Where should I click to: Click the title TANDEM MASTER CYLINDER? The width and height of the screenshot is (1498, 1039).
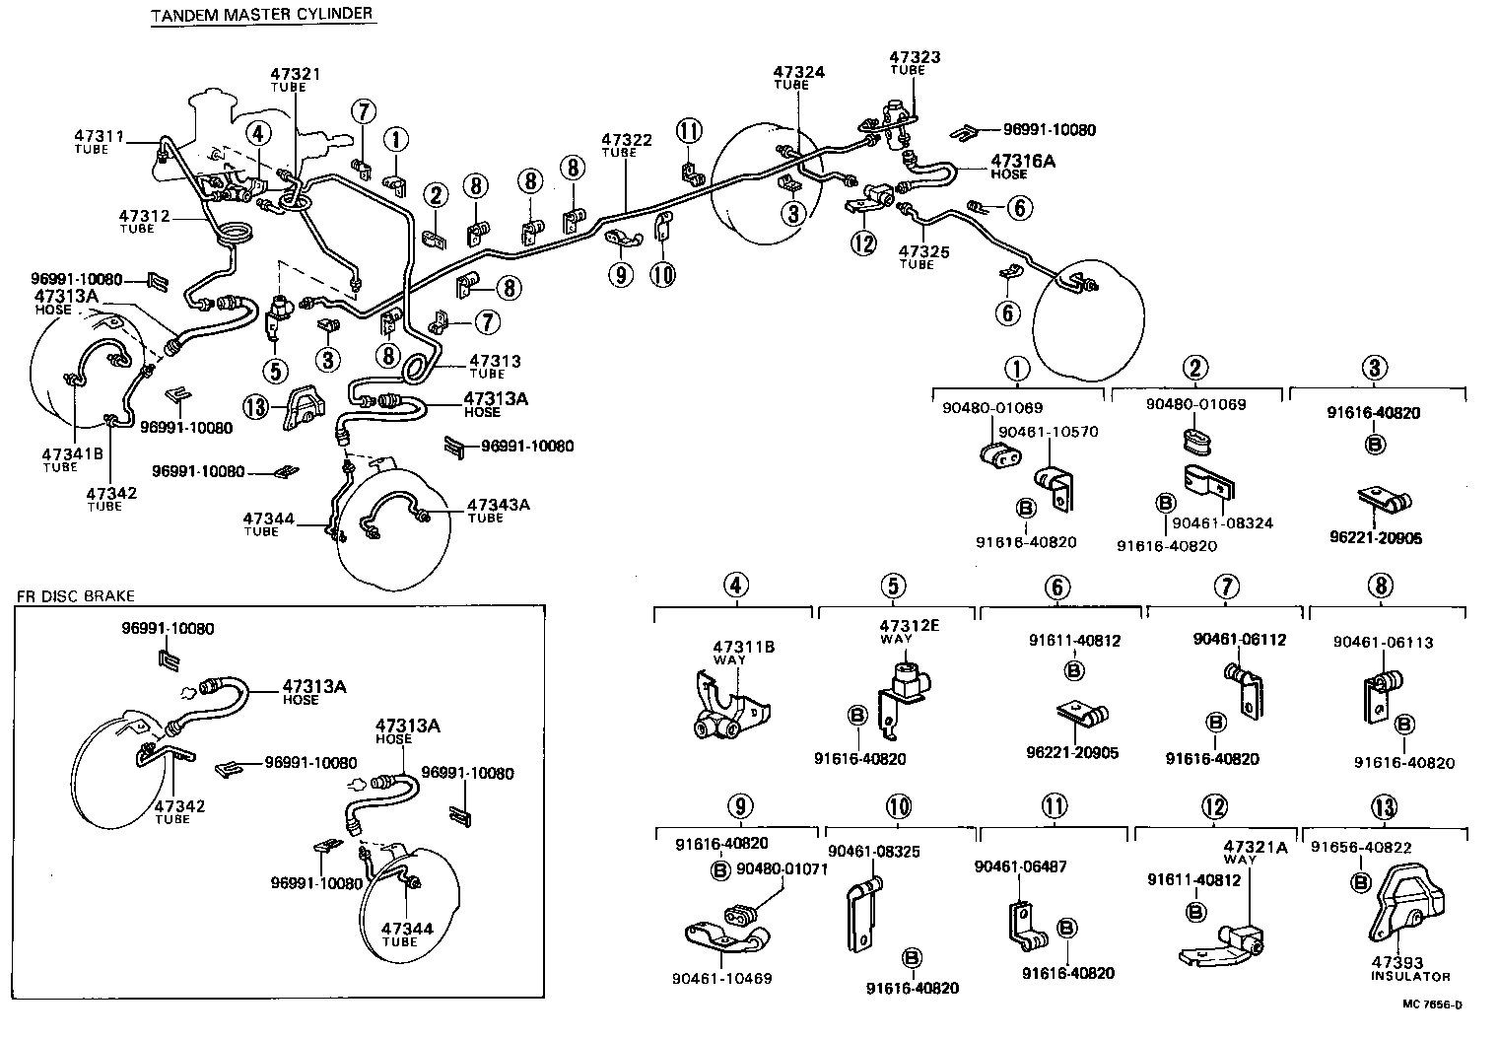click(x=261, y=14)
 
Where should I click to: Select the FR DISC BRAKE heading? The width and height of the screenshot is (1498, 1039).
click(x=75, y=596)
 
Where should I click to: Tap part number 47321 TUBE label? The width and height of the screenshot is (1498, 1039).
click(x=296, y=80)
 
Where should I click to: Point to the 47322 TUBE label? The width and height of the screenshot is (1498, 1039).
click(x=627, y=146)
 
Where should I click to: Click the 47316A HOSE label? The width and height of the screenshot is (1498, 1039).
click(x=1022, y=166)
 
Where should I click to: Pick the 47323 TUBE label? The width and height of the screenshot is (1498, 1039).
click(x=914, y=63)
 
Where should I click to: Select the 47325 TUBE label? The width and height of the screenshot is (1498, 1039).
click(x=923, y=257)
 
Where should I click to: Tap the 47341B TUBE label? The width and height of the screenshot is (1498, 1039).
click(x=73, y=459)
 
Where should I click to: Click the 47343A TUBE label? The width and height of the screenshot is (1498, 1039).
click(x=498, y=510)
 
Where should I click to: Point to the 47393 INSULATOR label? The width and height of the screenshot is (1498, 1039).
click(x=1410, y=968)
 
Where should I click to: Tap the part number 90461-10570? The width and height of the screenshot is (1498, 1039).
click(x=1048, y=432)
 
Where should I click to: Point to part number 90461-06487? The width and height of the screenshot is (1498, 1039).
click(x=1020, y=866)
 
